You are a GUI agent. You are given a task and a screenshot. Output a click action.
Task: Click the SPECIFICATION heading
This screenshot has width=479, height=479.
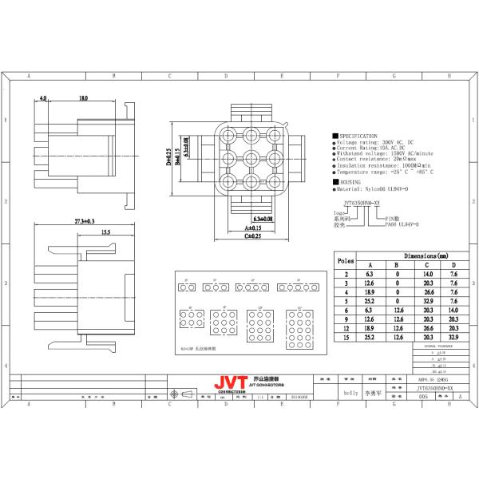coord(357,137)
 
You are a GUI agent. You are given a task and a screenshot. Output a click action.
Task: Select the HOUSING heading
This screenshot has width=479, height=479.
coord(350,183)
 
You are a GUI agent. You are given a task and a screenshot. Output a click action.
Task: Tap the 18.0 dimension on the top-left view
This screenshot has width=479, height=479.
coord(83,98)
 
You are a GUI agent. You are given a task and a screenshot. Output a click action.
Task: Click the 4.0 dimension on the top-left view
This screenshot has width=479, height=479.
coord(43,98)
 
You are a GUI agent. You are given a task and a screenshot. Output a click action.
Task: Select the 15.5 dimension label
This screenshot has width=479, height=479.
coord(105,232)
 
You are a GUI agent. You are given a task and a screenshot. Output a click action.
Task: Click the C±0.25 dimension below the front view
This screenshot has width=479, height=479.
coord(252,236)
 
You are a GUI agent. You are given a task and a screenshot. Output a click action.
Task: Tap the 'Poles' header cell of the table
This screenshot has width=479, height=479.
coord(346,260)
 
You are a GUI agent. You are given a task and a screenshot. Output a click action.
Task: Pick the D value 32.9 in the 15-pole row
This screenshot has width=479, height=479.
coord(453,338)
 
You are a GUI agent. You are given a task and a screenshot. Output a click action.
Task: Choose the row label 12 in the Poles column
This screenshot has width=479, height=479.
coord(346,328)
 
